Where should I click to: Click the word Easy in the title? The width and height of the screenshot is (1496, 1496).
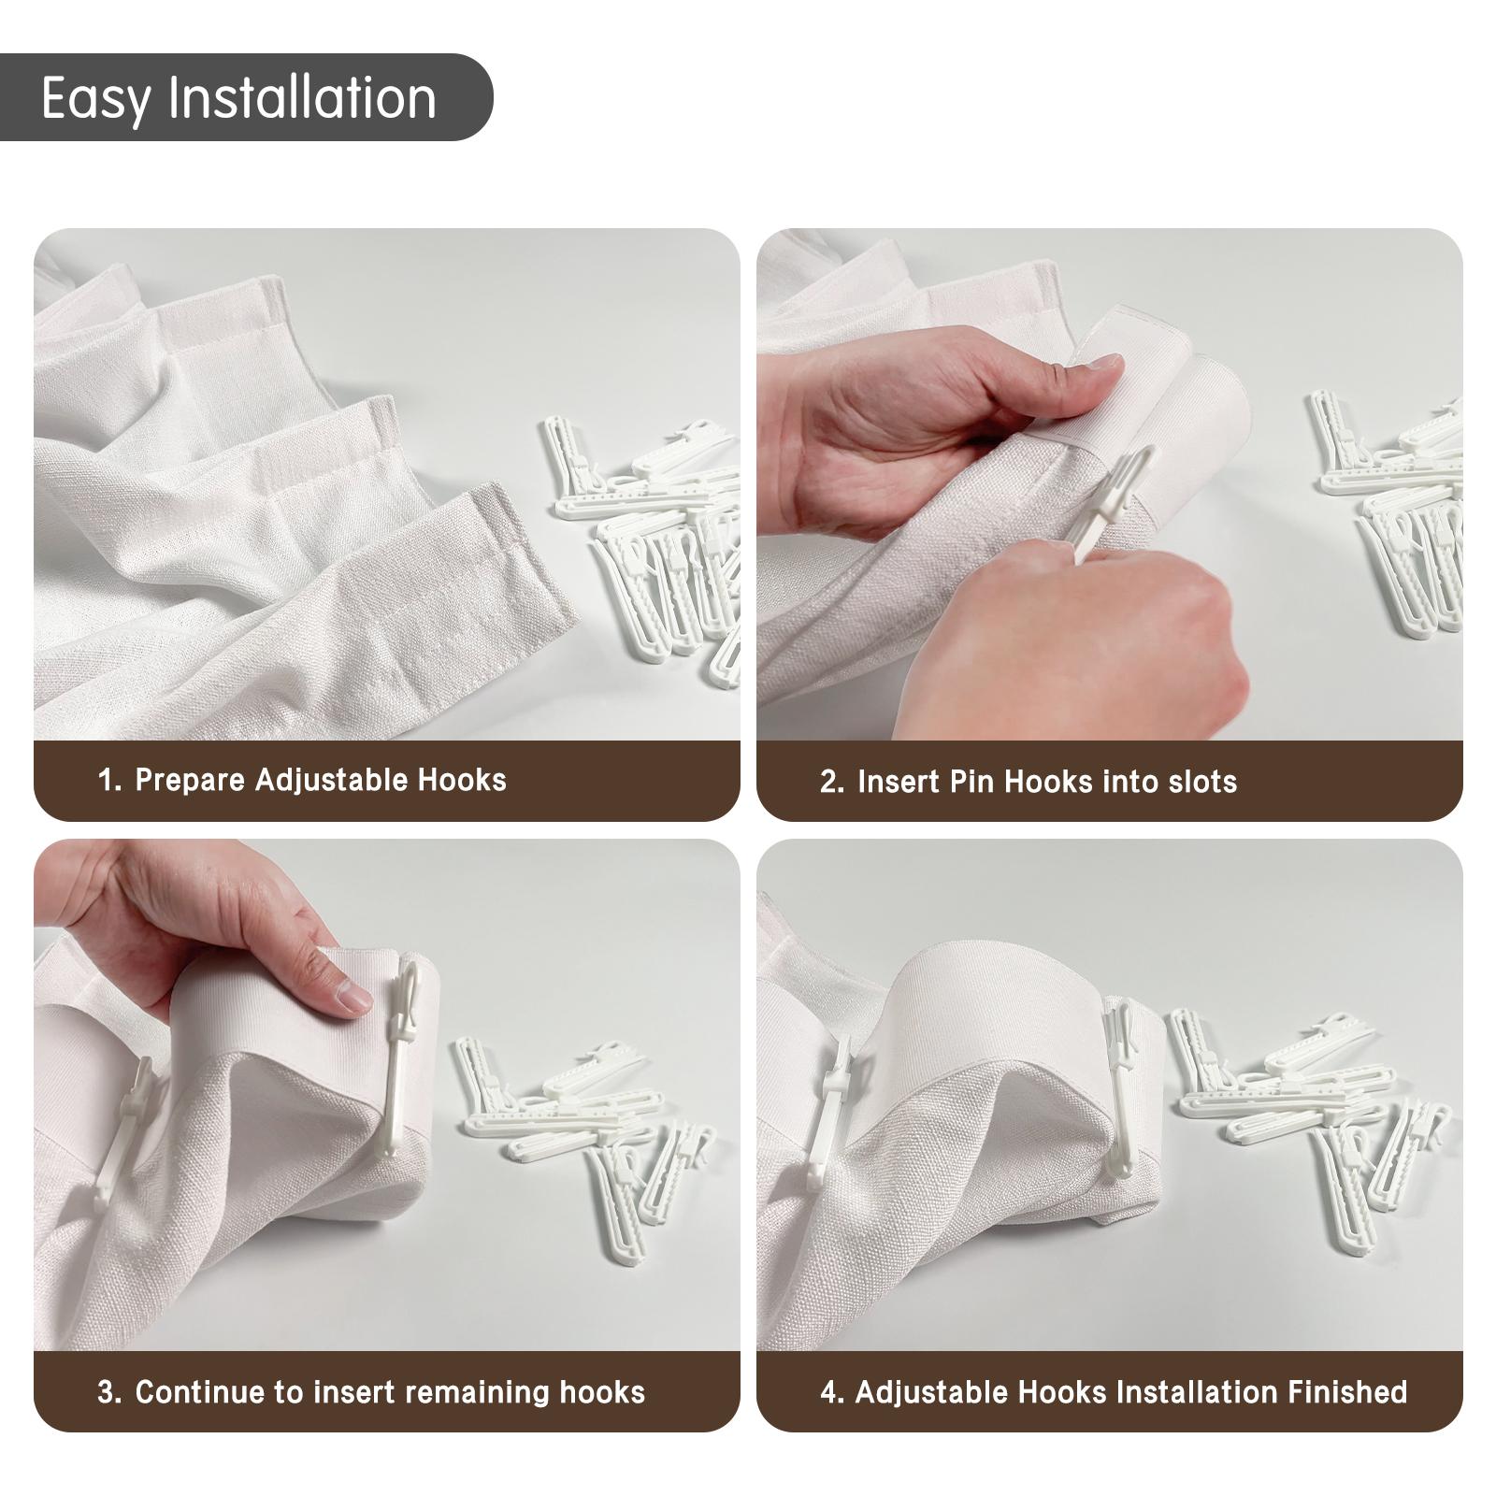click(x=93, y=99)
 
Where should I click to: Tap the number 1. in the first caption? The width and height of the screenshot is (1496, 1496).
click(x=109, y=781)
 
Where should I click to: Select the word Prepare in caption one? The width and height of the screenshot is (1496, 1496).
click(x=190, y=781)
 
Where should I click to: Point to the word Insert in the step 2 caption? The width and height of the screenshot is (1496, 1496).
click(x=899, y=782)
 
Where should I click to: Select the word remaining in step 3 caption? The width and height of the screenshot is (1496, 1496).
click(x=477, y=1392)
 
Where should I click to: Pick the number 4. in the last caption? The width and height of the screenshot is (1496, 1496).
click(x=831, y=1392)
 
